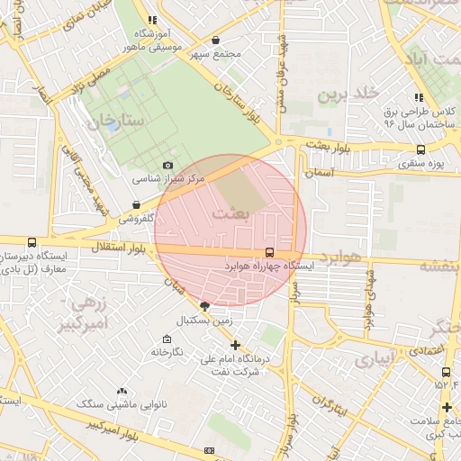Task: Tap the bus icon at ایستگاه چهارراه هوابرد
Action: tap(270, 253)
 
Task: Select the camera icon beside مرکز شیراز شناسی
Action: tap(167, 166)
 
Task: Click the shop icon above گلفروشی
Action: tap(135, 205)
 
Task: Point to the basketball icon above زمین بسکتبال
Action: tap(205, 306)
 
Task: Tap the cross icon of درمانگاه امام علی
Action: tap(236, 345)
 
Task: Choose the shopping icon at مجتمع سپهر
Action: tap(215, 40)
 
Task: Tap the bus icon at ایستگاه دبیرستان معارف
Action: tap(32, 242)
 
